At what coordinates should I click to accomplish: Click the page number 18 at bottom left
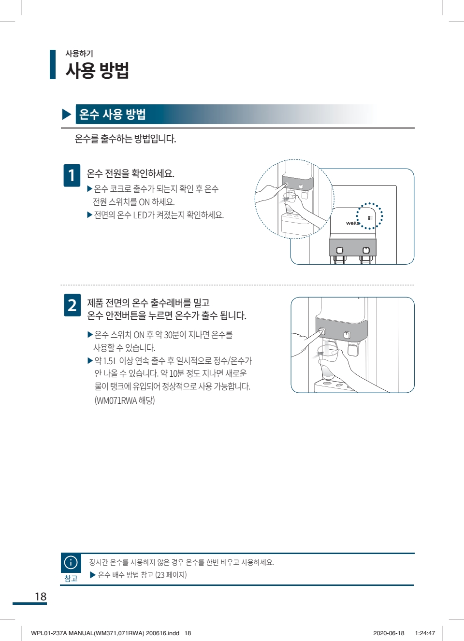click(41, 597)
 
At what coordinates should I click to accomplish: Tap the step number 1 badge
click(72, 175)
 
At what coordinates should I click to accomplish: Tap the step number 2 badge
click(72, 305)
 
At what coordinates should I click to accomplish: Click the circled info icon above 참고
click(71, 563)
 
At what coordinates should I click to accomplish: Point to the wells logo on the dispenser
click(353, 223)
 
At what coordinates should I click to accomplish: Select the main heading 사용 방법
click(97, 71)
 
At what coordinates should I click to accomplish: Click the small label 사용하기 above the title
click(79, 53)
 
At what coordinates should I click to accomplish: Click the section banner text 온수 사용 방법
click(112, 114)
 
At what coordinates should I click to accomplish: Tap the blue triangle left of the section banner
click(66, 114)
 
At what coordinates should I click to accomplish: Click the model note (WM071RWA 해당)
click(125, 400)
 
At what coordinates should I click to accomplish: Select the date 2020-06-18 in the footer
click(389, 633)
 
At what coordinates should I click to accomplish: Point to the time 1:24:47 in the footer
click(425, 633)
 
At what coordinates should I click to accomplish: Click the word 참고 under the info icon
click(71, 578)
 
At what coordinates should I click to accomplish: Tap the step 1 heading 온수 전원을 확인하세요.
click(130, 173)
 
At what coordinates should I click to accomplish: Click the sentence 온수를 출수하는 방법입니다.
click(126, 139)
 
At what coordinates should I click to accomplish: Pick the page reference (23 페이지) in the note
click(171, 575)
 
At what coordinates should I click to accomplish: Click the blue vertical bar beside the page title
click(53, 64)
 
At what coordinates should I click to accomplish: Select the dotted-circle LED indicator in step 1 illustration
click(369, 216)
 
